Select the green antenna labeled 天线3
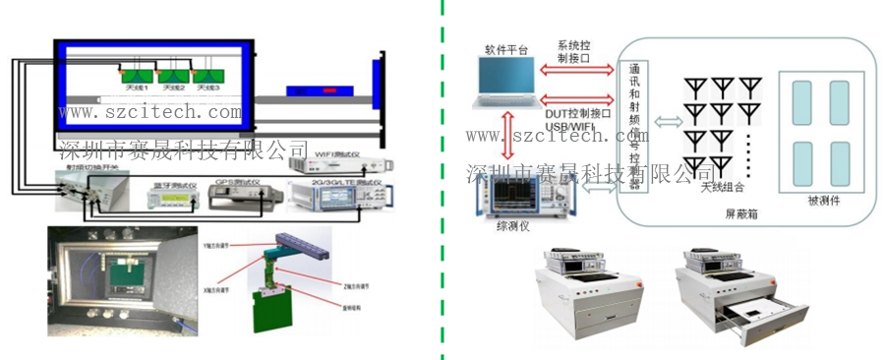point(207,76)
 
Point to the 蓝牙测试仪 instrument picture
point(170,200)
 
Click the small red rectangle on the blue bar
point(325,91)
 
